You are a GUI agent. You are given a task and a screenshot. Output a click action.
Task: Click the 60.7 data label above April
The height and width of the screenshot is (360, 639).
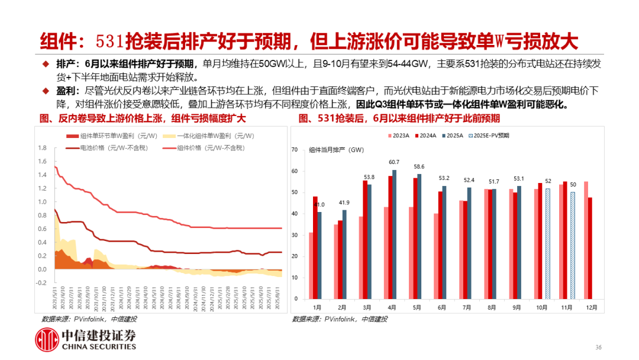coord(394,162)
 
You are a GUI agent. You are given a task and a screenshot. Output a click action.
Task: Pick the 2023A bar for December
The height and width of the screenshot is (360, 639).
coord(585,239)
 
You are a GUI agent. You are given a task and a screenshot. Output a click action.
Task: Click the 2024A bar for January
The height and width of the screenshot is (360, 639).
coord(315,246)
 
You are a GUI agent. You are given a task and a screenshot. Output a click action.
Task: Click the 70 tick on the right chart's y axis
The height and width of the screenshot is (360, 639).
coord(294,150)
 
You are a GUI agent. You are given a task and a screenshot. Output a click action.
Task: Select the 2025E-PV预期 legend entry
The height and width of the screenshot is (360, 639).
coord(493,136)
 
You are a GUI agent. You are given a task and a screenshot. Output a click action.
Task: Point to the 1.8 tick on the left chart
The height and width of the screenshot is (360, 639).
coord(42,147)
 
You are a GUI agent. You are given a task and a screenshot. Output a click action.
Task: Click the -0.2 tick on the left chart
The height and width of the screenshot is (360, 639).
coord(41,282)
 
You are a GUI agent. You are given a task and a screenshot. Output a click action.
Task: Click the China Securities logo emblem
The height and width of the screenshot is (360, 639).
coord(46,340)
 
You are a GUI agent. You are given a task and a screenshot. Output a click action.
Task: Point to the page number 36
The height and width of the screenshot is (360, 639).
coord(598,347)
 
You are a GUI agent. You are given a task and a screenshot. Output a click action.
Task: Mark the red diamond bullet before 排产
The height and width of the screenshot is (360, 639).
coord(44,64)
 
